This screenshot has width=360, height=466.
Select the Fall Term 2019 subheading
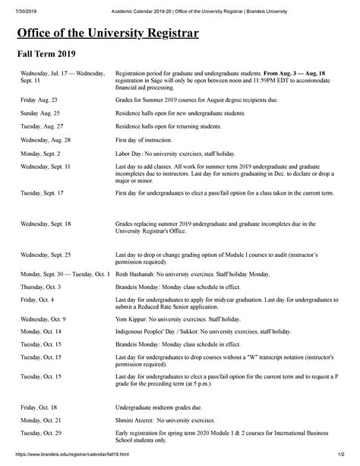point(48,55)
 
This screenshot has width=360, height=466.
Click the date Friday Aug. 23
point(39,100)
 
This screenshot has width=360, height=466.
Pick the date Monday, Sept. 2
point(43,153)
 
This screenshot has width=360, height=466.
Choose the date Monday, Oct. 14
point(41,331)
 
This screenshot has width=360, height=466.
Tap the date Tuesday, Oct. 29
point(41,433)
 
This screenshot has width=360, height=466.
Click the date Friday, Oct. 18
point(39,406)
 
